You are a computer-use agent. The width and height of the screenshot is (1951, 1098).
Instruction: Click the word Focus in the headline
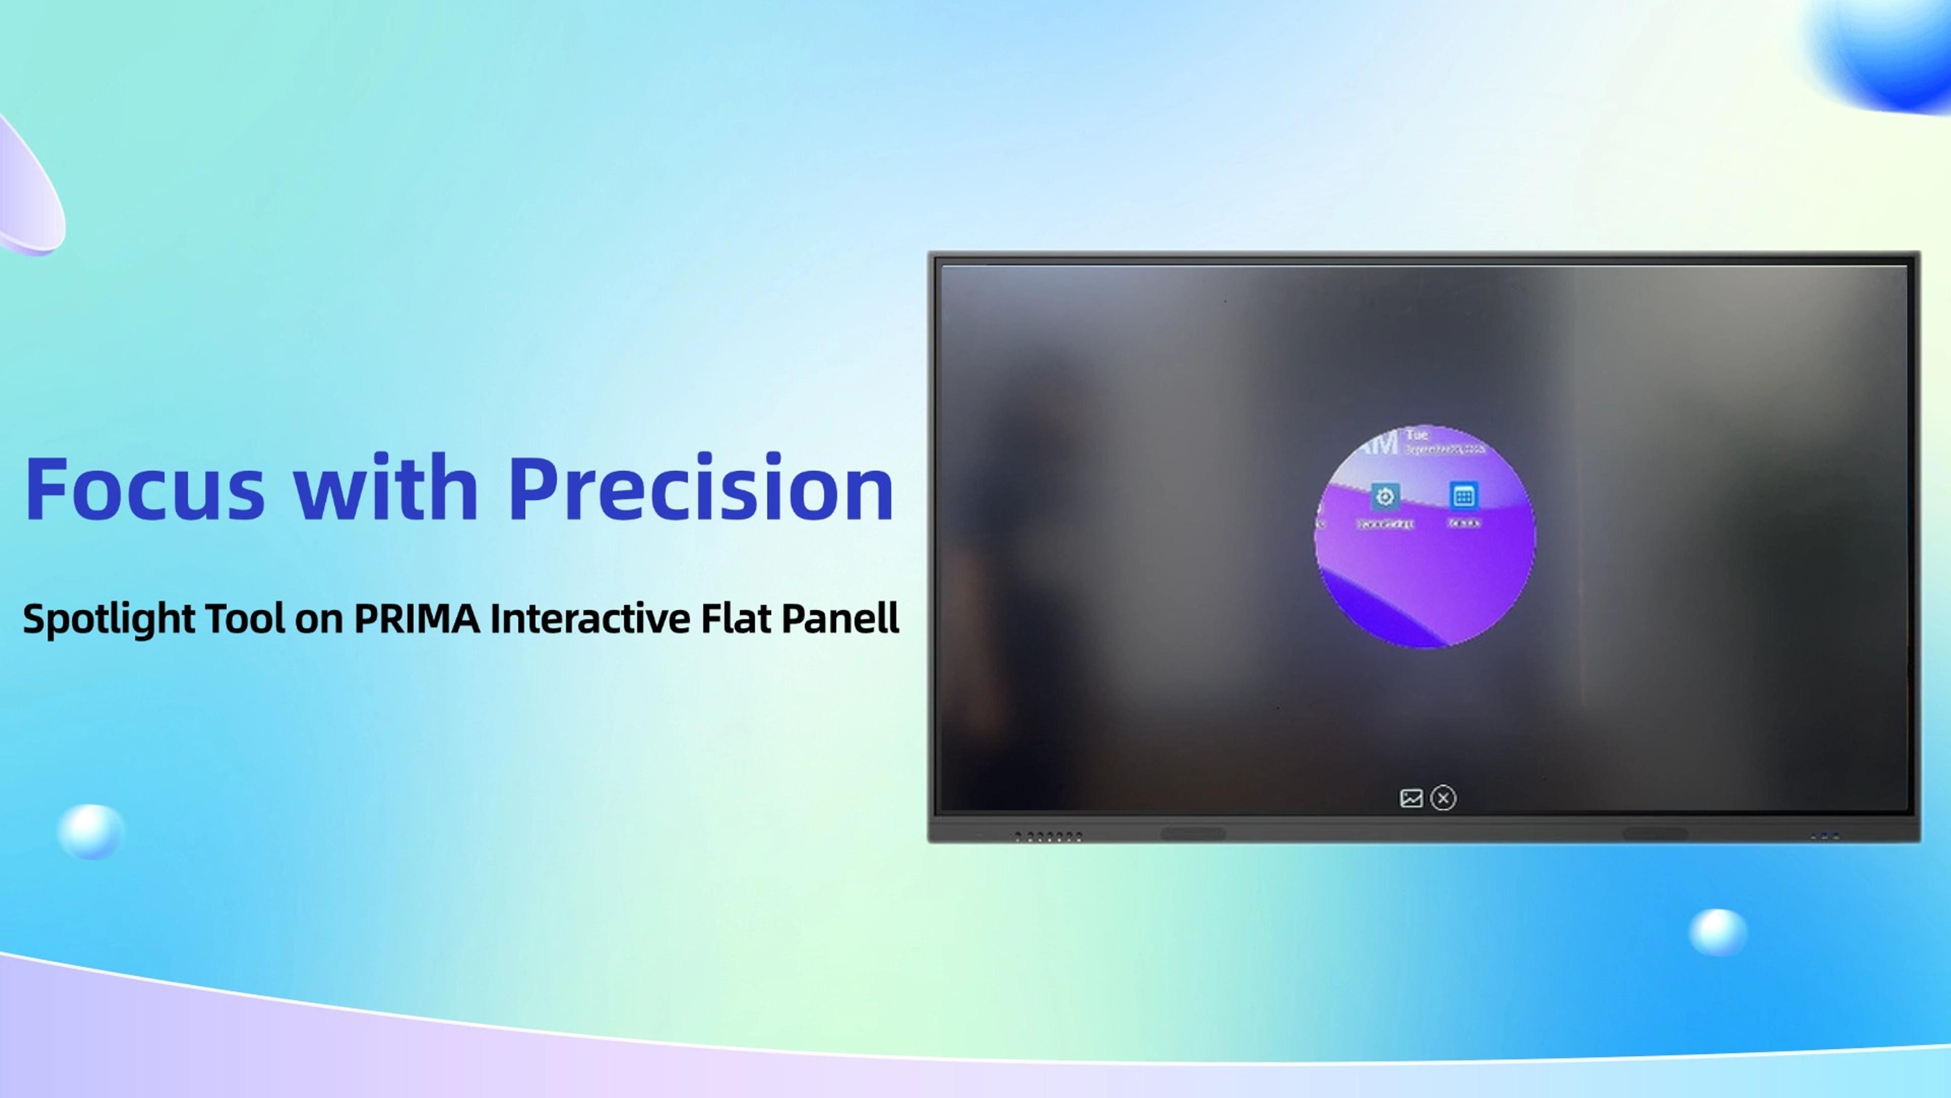[x=144, y=489]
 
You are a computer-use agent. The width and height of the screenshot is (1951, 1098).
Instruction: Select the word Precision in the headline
[x=701, y=489]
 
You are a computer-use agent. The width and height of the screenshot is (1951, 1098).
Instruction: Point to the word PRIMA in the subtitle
[x=417, y=618]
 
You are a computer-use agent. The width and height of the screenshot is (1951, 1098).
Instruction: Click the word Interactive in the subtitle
[x=590, y=618]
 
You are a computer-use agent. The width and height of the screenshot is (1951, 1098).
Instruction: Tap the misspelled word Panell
[x=840, y=618]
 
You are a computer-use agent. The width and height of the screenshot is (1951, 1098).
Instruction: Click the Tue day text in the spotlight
[x=1417, y=435]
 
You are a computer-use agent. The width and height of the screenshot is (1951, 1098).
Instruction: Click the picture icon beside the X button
[x=1411, y=798]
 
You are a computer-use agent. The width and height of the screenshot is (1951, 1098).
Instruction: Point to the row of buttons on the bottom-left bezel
[x=1048, y=837]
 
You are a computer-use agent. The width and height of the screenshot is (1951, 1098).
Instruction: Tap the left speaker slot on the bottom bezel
[x=1193, y=834]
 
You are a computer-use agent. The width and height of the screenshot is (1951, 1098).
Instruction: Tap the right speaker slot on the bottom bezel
[x=1654, y=834]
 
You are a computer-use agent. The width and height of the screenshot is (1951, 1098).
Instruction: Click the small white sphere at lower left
[x=90, y=831]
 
